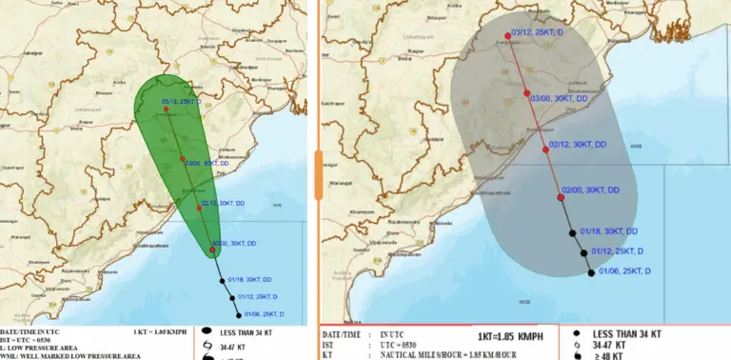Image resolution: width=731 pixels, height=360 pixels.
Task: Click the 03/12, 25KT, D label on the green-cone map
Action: (186, 101)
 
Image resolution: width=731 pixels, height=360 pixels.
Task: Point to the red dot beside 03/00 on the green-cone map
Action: (183, 158)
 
